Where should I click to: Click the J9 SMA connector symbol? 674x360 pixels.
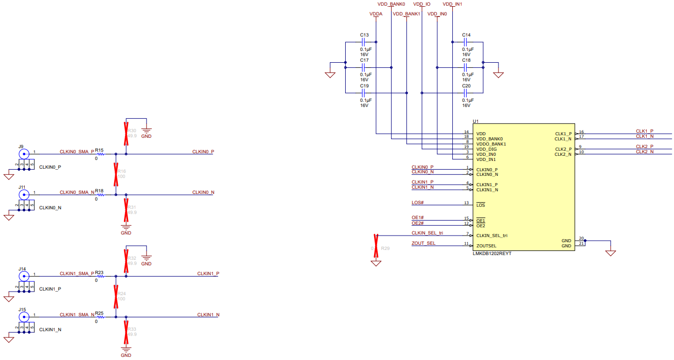[23, 153]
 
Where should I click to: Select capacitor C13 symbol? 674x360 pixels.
[364, 41]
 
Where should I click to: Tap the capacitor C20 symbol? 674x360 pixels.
[466, 93]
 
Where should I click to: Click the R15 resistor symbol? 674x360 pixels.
[100, 154]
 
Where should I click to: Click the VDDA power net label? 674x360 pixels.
[376, 14]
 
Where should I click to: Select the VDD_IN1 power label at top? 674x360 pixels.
[452, 4]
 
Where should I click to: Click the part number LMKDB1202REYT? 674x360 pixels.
[492, 254]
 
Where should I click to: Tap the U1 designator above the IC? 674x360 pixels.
[475, 121]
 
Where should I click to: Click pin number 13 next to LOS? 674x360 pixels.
[466, 203]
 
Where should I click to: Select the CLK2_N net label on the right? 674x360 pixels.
[645, 152]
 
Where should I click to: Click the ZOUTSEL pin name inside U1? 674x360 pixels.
[486, 246]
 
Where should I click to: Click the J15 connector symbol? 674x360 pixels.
[23, 316]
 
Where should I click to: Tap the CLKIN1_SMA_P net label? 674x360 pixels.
[77, 273]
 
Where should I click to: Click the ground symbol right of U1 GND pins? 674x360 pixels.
[611, 253]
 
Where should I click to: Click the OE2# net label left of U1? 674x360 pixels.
[418, 223]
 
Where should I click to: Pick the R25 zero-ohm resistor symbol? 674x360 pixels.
[100, 317]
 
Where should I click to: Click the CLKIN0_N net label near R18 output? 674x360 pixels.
[203, 192]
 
